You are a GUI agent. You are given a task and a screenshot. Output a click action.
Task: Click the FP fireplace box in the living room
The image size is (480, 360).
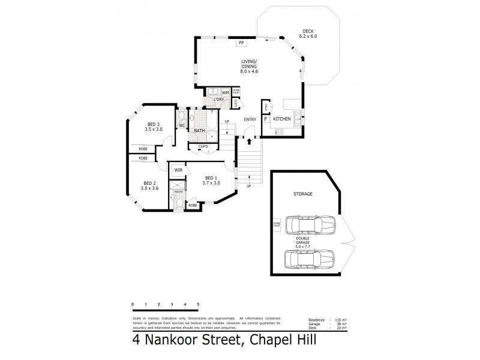241,43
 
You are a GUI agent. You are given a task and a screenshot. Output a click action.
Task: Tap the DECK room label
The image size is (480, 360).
307,31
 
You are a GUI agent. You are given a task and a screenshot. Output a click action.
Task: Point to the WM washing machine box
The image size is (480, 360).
226,92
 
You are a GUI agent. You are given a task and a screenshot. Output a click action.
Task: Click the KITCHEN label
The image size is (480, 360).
282,119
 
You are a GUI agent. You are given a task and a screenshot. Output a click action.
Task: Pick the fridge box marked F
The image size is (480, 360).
265,119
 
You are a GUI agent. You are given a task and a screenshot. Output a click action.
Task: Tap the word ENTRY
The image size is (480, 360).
250,119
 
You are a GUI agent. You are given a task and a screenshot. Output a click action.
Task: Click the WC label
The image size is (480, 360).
182,125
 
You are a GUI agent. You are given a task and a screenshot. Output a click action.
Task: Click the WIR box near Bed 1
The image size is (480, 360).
178,170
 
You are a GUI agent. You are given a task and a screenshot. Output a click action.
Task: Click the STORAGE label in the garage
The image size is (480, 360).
303,194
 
